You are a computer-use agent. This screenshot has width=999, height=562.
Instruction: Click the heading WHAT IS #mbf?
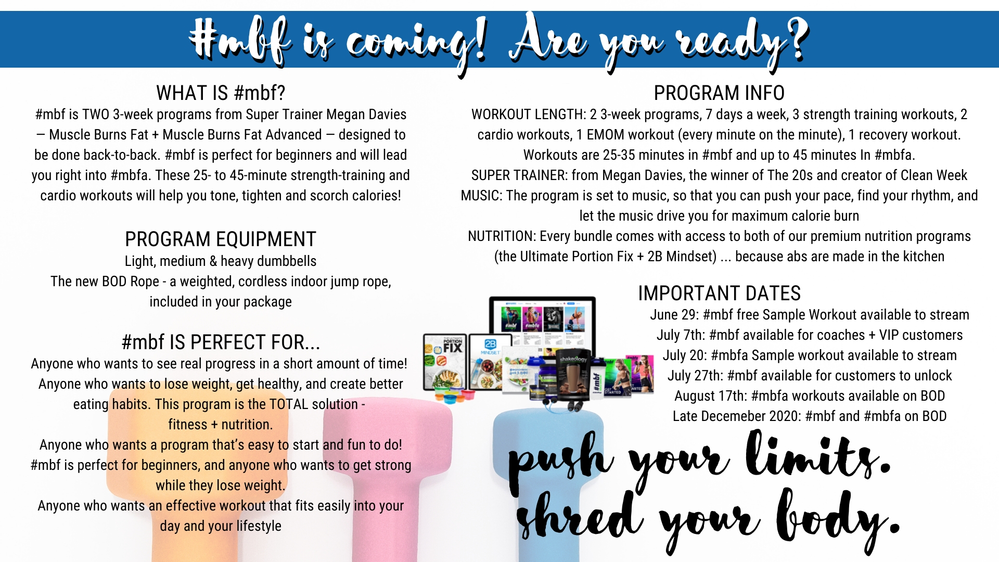(221, 93)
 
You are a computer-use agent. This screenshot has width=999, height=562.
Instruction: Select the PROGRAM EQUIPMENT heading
(221, 239)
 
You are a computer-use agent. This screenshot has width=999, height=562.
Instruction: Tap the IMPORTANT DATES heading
(719, 293)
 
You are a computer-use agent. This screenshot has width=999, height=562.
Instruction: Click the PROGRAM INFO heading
(719, 93)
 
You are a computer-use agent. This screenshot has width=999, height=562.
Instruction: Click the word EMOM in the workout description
(605, 135)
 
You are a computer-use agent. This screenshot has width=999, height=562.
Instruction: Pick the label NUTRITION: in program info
(502, 236)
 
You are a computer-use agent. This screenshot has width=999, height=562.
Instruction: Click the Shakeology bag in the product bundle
(572, 375)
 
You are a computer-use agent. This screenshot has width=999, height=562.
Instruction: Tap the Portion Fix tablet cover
(445, 362)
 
